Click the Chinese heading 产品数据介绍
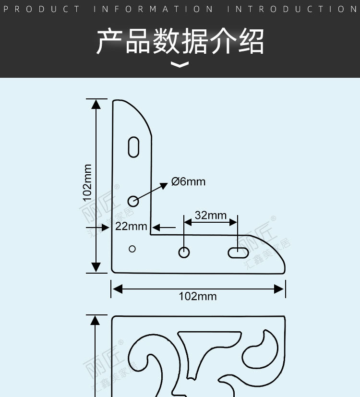point(180,42)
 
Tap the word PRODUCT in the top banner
point(46,9)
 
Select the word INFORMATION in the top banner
point(154,9)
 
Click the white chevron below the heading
point(180,65)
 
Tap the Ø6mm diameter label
point(188,181)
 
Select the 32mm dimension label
point(211,215)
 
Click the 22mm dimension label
point(131,226)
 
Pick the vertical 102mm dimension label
point(87,182)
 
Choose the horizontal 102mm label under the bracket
point(198,296)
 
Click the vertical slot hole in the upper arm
point(134,147)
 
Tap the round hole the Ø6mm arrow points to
point(133,201)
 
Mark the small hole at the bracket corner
point(132,249)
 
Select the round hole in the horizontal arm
point(184,252)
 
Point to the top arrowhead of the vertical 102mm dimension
point(96,104)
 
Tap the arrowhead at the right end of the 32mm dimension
point(233,222)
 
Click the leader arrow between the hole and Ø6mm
point(154,191)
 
